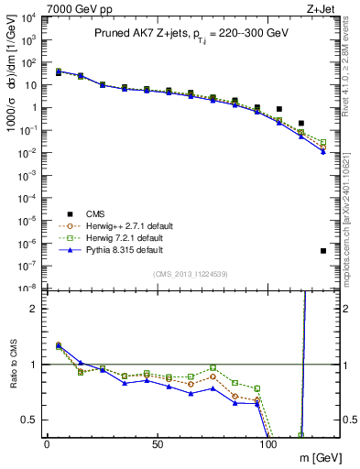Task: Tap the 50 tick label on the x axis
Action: (x=158, y=443)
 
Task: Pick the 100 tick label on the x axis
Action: (x=268, y=443)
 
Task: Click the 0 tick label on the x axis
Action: (x=47, y=443)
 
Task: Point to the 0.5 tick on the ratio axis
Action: (x=28, y=420)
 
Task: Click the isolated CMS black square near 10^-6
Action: (x=323, y=250)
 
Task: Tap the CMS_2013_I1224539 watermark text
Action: (x=190, y=274)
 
